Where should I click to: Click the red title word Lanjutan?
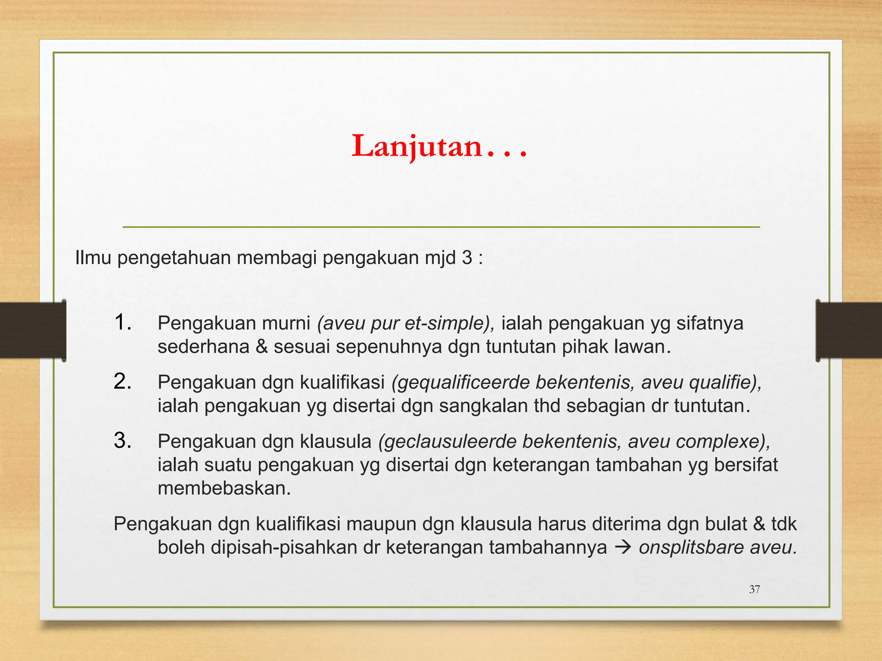click(x=417, y=146)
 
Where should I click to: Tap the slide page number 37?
click(x=755, y=589)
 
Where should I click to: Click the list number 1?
click(x=122, y=322)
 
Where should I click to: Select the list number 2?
click(x=122, y=382)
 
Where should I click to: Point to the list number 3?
click(x=122, y=441)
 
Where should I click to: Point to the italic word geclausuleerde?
click(x=447, y=442)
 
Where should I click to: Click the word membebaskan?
click(x=224, y=488)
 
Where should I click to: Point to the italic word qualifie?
click(x=725, y=382)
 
